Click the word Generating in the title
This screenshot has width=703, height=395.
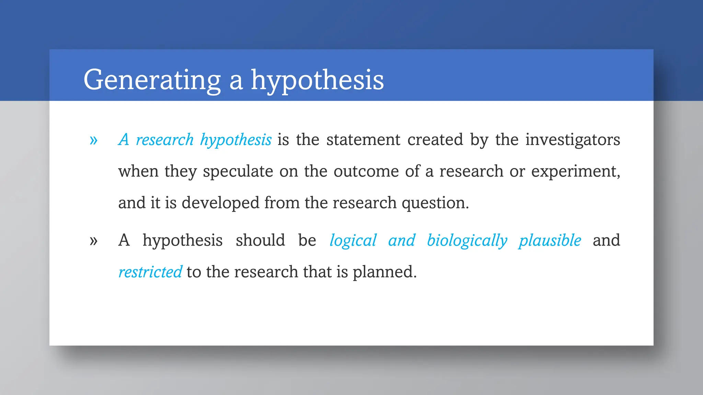(152, 80)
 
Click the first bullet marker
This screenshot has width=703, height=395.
(93, 140)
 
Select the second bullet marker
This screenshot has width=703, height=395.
(93, 241)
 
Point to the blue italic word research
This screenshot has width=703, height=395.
(165, 140)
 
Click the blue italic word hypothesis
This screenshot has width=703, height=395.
(236, 140)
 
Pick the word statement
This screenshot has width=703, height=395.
(363, 140)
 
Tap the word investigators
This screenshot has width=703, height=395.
(573, 140)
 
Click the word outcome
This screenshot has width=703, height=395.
(366, 171)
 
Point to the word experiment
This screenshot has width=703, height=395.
(575, 171)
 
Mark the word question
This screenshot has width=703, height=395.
(435, 203)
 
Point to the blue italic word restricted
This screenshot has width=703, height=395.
(150, 272)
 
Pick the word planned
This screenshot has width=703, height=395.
(384, 272)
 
